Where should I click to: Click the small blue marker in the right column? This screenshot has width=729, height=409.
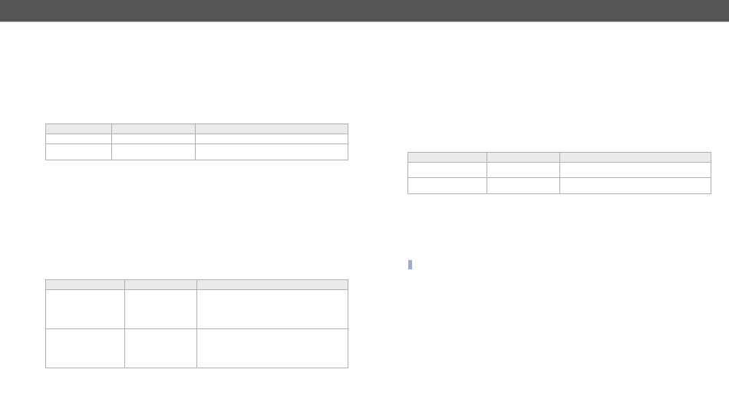[x=410, y=265]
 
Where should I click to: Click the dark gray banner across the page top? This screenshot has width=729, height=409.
[x=364, y=11]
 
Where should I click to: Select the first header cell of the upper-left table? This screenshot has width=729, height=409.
[x=78, y=129]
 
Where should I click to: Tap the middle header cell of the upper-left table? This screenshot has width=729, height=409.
[x=153, y=129]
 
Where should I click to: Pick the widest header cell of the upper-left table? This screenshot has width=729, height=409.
[x=272, y=129]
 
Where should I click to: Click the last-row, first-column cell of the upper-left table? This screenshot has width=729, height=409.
[x=78, y=152]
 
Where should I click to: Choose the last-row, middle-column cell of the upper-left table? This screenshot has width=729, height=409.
[x=153, y=152]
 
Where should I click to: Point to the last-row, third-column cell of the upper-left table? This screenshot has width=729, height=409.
[x=272, y=152]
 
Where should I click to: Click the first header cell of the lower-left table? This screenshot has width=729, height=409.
[x=84, y=285]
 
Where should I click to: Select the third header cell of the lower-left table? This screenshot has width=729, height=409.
[x=272, y=285]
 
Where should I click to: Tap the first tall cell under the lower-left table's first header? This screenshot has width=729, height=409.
[x=84, y=309]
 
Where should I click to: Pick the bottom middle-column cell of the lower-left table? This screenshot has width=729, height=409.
[x=160, y=348]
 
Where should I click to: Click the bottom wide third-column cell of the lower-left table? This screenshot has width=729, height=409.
[x=272, y=348]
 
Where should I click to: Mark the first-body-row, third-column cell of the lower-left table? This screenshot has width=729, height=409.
[x=272, y=309]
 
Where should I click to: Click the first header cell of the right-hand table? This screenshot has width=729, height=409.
[x=447, y=157]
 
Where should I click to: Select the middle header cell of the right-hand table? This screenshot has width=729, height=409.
[x=523, y=157]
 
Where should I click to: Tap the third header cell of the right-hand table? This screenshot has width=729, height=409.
[x=635, y=157]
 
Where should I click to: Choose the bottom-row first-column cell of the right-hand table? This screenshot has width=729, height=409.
[x=447, y=186]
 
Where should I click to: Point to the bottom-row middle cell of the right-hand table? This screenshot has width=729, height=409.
[x=523, y=186]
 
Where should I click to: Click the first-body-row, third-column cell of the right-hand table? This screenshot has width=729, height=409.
[x=635, y=170]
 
